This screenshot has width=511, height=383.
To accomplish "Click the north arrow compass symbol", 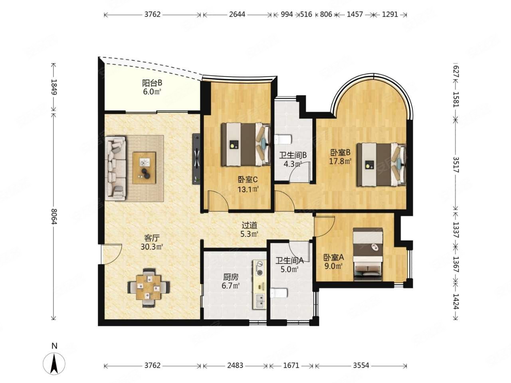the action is pos(54,363).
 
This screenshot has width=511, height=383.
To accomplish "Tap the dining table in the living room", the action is pos(149,288).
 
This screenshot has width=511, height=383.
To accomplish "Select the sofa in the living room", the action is pos(115,168).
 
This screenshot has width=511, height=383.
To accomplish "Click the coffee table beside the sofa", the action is pos(144,168).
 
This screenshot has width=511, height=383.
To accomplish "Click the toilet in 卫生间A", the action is pos(279,293).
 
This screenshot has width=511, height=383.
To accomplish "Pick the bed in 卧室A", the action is pos(368,254).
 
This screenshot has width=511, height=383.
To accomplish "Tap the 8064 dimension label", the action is pos(54,216).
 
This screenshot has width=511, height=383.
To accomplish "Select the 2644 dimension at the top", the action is pos(237,14).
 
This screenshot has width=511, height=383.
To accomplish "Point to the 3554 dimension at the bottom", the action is pos(361,365).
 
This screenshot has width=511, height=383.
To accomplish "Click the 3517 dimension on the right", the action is pos(456,164).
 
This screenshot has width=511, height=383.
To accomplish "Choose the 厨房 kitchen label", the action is pos(231,277).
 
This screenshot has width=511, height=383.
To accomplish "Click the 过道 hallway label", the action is pos(250,225).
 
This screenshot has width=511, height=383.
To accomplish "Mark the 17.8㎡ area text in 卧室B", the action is pos(340,161).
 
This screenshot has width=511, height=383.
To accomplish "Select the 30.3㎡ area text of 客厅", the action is pos(152,247).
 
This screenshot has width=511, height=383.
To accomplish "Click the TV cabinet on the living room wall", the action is pos(196,159).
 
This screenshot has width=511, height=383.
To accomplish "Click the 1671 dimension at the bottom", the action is pos(291,365).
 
